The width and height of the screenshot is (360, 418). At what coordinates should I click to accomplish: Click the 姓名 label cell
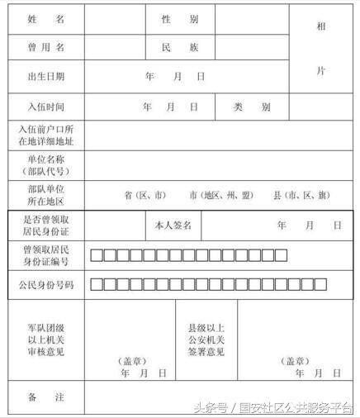(45, 19)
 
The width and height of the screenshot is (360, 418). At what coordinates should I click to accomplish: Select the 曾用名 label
(45, 48)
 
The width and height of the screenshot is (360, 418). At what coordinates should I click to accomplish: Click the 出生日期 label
(45, 77)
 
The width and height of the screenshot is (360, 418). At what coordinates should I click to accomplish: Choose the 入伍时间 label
(45, 107)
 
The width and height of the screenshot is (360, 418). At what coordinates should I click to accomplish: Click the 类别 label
(251, 107)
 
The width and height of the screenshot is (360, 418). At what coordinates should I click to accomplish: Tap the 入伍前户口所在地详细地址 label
(45, 136)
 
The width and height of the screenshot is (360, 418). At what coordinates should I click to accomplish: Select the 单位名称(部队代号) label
(45, 166)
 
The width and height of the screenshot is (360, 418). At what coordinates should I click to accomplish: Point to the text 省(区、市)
(145, 196)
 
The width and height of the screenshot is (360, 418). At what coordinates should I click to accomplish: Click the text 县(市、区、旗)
(301, 196)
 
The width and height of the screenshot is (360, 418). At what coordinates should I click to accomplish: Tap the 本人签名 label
(173, 225)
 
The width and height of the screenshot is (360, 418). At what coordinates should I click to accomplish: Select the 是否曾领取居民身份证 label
(45, 225)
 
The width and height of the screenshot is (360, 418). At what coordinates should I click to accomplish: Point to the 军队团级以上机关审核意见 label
(45, 340)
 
